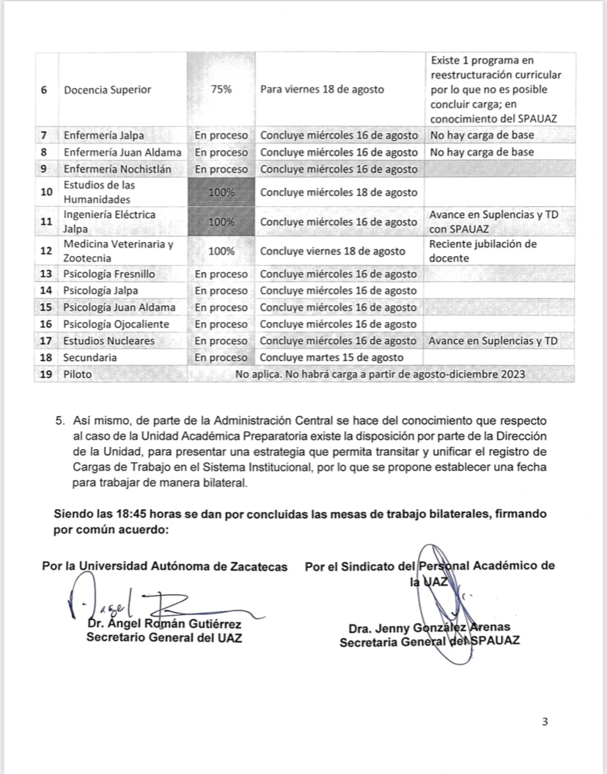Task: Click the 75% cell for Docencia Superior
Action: (x=221, y=90)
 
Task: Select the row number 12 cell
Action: (x=45, y=251)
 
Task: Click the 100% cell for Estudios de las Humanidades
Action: (x=221, y=193)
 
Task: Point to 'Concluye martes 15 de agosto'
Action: (x=331, y=357)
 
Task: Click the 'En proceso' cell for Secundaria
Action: (x=221, y=357)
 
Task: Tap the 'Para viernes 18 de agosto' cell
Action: (x=322, y=90)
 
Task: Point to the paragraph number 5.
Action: (x=60, y=421)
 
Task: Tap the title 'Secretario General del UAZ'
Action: (x=165, y=637)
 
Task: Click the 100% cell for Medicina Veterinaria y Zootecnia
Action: (x=221, y=251)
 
